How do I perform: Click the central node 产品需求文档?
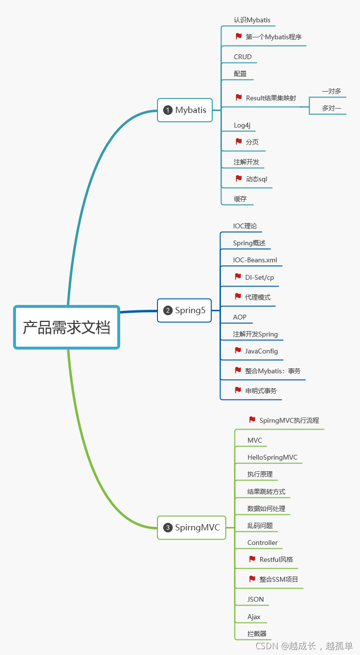click(66, 327)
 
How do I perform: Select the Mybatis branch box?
click(185, 110)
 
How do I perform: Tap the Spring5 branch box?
click(184, 310)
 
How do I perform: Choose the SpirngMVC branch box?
click(191, 527)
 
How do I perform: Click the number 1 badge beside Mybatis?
click(168, 110)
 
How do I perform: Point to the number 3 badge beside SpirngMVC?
click(168, 527)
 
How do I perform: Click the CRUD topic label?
click(243, 57)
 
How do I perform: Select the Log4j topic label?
click(242, 125)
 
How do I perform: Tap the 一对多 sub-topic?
click(331, 91)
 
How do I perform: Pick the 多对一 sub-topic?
click(331, 108)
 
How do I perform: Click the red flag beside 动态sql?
click(239, 178)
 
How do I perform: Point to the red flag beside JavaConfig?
click(238, 351)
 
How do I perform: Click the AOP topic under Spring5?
click(239, 317)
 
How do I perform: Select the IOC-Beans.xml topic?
click(255, 260)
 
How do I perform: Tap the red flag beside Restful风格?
click(252, 559)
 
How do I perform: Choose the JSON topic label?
click(255, 599)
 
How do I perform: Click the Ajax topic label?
click(254, 617)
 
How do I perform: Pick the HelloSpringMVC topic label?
click(272, 457)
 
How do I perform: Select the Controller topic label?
click(262, 543)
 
